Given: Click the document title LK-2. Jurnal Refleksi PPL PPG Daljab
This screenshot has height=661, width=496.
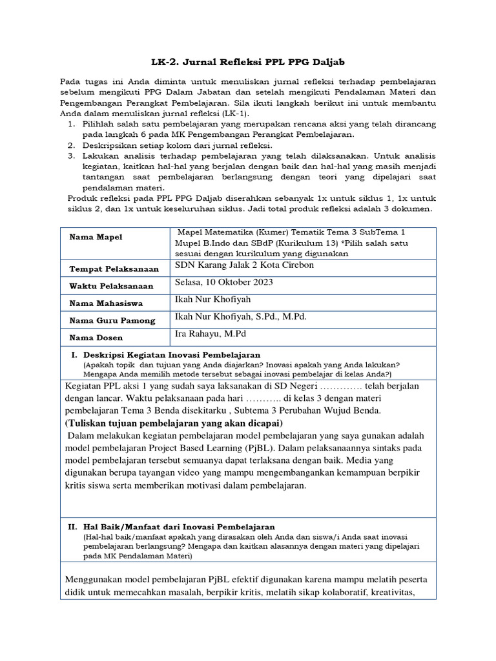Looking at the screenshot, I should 248,62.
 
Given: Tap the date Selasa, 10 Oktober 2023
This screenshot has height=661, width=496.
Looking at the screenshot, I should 224,283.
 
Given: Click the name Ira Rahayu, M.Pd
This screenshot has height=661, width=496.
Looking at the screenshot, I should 210,334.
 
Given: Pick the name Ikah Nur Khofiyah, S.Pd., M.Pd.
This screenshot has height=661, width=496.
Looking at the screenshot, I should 240,317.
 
